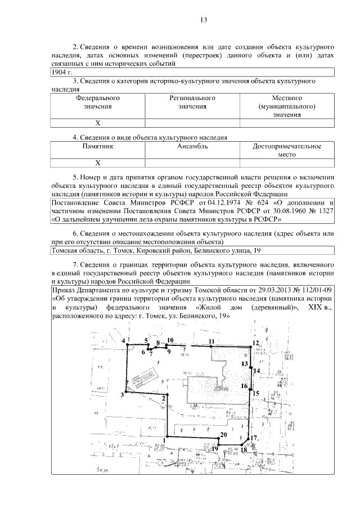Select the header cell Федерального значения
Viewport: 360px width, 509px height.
(98, 102)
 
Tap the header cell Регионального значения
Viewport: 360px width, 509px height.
(193, 102)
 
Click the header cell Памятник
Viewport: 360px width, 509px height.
(98, 146)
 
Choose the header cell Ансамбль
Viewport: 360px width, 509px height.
(193, 146)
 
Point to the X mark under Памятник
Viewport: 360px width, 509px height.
(98, 163)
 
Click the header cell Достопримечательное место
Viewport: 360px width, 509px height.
(287, 150)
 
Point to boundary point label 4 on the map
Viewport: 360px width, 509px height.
(123, 341)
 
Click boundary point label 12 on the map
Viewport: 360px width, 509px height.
(255, 343)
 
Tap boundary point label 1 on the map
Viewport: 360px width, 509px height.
(164, 440)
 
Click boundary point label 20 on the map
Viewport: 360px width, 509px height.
(223, 434)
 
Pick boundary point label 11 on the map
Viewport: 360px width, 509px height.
(211, 341)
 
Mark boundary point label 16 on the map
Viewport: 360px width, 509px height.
(244, 386)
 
